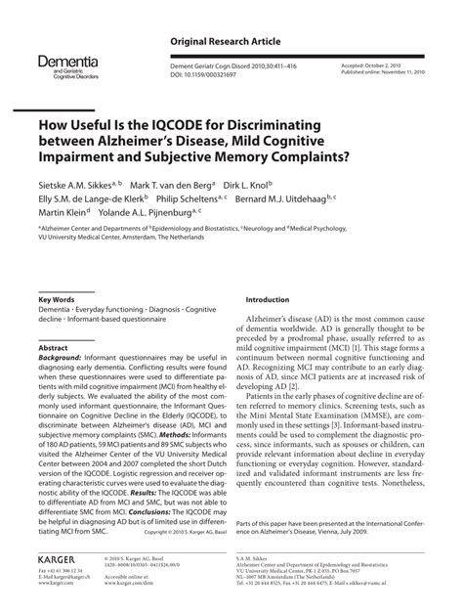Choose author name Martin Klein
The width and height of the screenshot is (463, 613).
pyautogui.click(x=62, y=215)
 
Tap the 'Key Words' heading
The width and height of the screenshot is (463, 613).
pyautogui.click(x=59, y=299)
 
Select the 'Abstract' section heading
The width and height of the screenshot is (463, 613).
pyautogui.click(x=54, y=348)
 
